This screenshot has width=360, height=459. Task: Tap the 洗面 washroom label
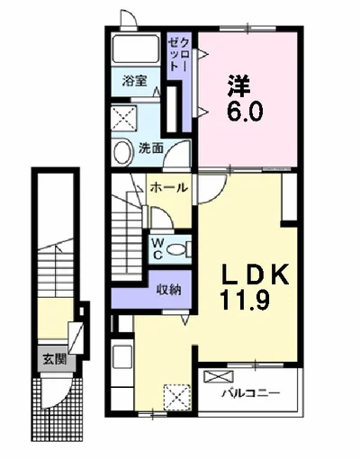coord(149,148)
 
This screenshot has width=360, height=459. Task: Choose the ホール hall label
coord(169,188)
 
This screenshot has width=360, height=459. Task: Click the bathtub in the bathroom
coord(137,52)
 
